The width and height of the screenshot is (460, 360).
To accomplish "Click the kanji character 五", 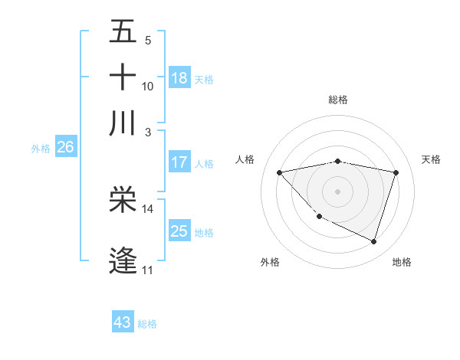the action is click(x=123, y=33).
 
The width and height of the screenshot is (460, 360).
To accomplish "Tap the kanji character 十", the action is click(x=123, y=77).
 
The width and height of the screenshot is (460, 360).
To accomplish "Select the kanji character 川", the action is click(x=123, y=122).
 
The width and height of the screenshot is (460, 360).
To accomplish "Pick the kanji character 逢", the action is click(x=123, y=260).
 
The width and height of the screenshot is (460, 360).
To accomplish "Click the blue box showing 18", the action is click(x=179, y=78).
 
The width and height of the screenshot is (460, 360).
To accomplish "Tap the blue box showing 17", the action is click(x=179, y=162).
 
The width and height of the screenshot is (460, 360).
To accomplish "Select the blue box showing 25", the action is click(x=179, y=231).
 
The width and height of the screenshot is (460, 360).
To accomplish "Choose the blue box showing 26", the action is click(x=65, y=148).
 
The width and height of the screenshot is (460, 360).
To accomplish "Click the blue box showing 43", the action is click(x=123, y=322).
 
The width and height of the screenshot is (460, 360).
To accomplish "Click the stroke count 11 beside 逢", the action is click(x=147, y=270).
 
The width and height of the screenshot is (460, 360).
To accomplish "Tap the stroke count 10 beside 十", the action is click(x=148, y=87).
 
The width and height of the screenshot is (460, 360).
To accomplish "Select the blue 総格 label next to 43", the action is click(x=147, y=324).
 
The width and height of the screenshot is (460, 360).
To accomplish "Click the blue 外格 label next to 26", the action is click(x=41, y=149).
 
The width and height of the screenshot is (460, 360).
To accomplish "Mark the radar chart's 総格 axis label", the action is click(x=337, y=100).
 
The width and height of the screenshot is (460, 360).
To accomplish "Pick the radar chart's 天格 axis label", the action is click(x=431, y=159).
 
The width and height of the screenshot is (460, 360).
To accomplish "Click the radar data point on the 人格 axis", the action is click(x=279, y=172).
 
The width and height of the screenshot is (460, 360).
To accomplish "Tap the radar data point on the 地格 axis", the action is click(x=373, y=242).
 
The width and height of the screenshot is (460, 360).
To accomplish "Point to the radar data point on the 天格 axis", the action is click(x=396, y=172).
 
